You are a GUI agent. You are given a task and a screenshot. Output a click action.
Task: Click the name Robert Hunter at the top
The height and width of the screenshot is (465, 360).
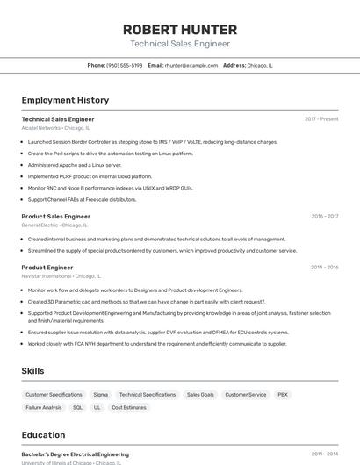click(180, 29)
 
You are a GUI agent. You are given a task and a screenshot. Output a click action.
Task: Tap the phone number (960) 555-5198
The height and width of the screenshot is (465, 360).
click(124, 65)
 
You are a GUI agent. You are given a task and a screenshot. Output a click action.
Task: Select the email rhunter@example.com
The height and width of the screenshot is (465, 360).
click(191, 65)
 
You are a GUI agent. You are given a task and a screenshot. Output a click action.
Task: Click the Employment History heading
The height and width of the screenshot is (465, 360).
click(65, 100)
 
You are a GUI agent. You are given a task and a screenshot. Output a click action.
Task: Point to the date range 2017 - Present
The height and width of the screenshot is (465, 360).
click(321, 119)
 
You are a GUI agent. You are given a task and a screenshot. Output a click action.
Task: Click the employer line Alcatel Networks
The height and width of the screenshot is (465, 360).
click(55, 128)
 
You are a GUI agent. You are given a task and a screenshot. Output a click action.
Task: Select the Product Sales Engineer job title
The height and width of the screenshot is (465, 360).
click(56, 216)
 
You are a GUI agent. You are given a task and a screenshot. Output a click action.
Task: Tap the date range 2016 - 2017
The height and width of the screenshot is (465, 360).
click(324, 216)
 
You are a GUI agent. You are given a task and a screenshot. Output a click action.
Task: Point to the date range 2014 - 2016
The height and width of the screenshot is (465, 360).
click(324, 267)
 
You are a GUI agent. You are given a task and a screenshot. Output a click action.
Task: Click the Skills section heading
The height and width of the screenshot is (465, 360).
click(32, 371)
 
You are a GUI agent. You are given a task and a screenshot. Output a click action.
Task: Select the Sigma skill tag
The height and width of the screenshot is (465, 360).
click(101, 395)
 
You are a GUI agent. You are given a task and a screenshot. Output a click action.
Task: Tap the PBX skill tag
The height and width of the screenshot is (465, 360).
click(283, 395)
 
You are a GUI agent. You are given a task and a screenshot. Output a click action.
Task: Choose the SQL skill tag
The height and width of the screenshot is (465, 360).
click(77, 408)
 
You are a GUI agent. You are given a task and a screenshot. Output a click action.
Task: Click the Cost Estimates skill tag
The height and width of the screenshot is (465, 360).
click(129, 408)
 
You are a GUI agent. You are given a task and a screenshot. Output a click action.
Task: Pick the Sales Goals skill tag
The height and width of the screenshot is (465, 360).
click(200, 395)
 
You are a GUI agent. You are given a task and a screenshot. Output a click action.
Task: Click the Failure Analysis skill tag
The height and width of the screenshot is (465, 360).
click(44, 408)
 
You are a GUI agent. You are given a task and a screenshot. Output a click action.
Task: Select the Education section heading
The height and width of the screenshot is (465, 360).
click(43, 434)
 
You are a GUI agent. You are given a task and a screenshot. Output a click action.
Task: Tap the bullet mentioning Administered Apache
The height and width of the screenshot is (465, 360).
click(75, 164)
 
